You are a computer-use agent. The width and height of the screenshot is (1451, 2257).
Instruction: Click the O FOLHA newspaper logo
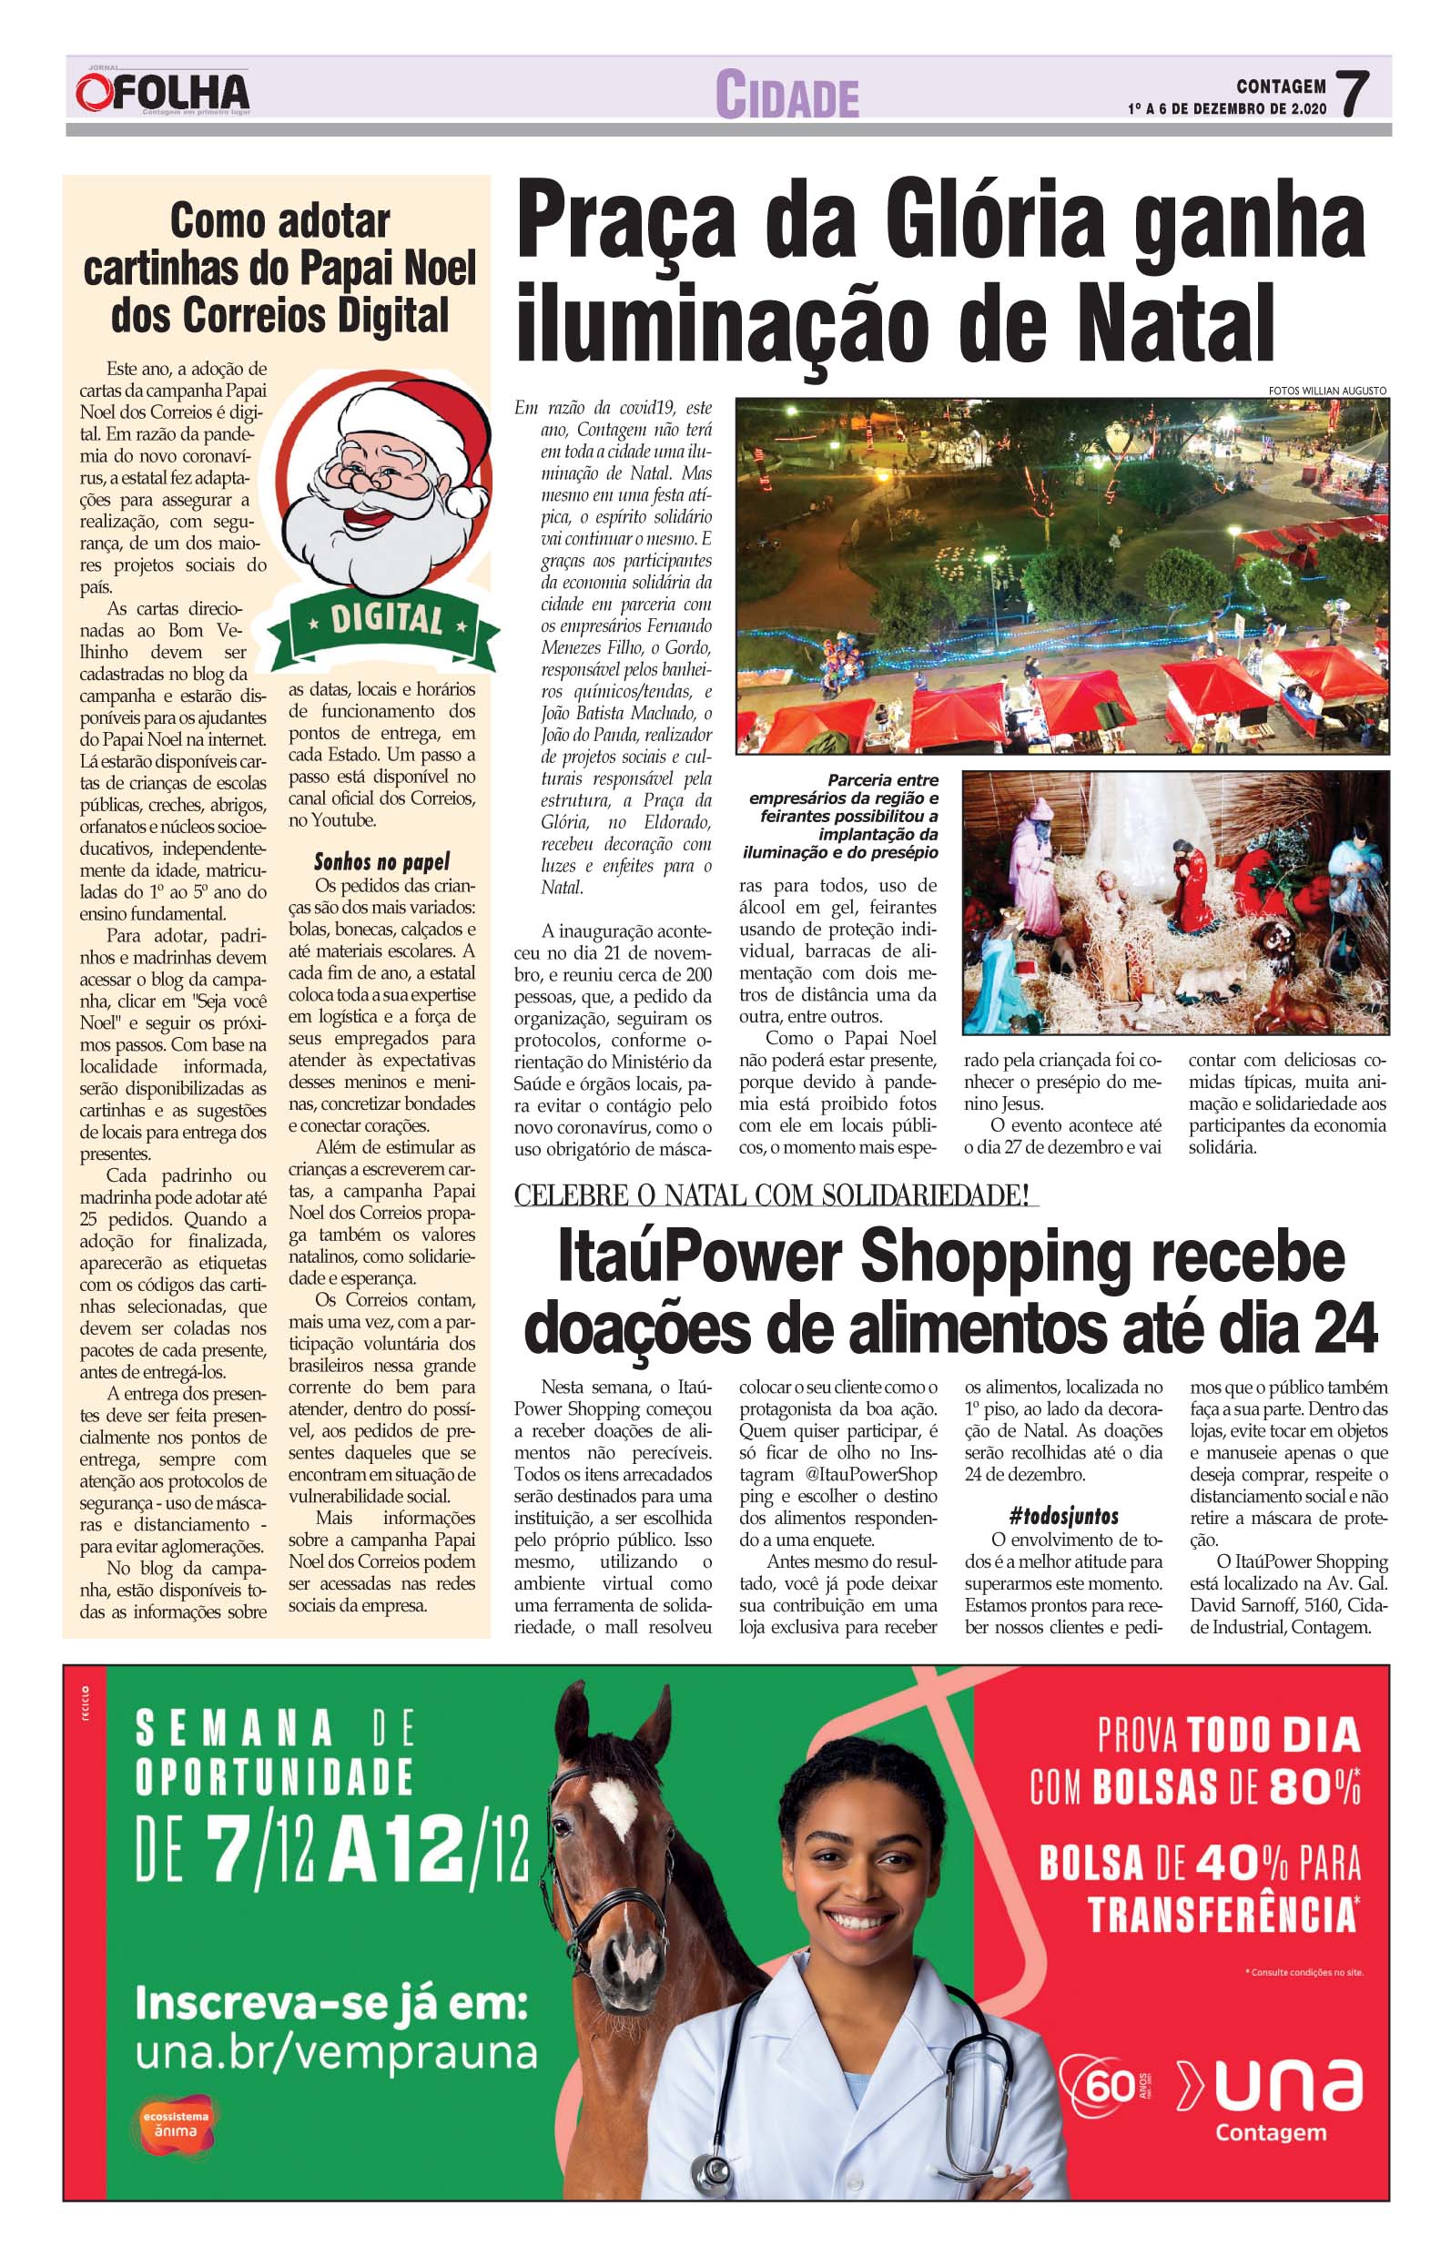tap(162, 93)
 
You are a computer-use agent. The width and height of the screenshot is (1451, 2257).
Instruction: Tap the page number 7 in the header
tap(1353, 95)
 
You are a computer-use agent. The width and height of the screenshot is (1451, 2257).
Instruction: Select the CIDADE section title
tap(786, 96)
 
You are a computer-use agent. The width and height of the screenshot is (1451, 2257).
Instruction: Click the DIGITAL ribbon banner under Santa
tap(385, 620)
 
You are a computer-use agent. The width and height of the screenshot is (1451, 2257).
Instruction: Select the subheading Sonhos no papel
tap(381, 861)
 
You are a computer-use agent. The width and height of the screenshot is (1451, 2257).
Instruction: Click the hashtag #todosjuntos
tap(1063, 1516)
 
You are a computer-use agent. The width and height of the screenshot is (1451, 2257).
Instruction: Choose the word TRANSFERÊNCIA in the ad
tap(1222, 1915)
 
